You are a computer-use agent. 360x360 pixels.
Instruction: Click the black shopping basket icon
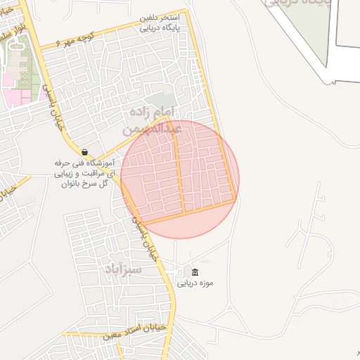(x=84, y=152)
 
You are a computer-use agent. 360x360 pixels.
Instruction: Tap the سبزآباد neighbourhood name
(x=123, y=270)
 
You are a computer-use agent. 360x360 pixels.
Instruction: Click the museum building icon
(x=195, y=272)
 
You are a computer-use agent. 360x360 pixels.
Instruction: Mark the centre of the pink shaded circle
(x=180, y=179)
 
